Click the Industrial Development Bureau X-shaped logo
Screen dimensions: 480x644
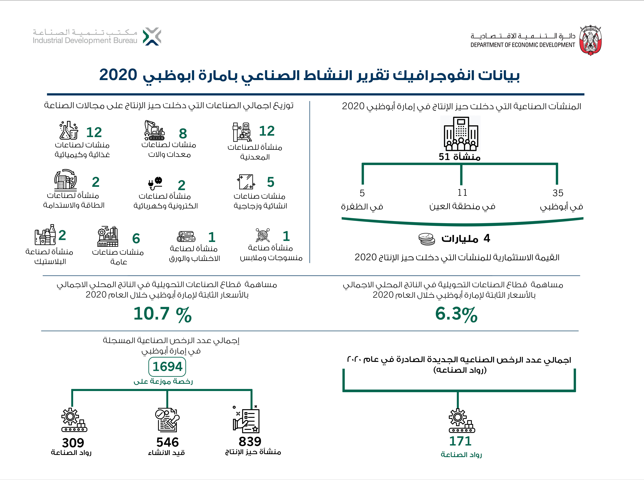click(x=152, y=37)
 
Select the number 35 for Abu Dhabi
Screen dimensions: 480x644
click(x=558, y=193)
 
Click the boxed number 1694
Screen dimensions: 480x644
click(x=167, y=367)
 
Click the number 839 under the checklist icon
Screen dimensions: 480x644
click(x=250, y=442)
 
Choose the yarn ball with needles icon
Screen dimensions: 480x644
click(x=262, y=235)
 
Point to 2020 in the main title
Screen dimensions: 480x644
click(x=118, y=75)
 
